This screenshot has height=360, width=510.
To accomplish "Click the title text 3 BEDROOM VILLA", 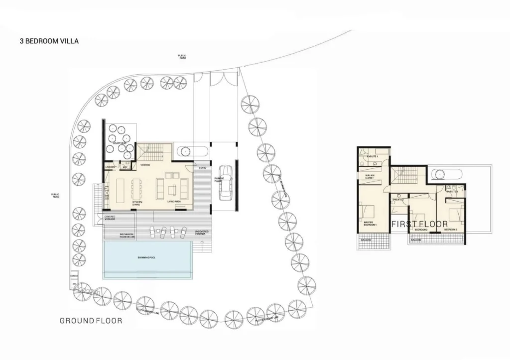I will (x=49, y=41).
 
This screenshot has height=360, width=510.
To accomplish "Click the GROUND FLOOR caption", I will (x=91, y=321).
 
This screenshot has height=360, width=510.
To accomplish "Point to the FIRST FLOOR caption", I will (x=419, y=224).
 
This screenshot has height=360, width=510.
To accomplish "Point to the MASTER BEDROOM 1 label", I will (x=370, y=224).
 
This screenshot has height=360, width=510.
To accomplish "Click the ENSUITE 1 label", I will (x=372, y=156).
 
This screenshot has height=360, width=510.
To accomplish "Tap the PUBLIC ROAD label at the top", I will (x=183, y=56).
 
